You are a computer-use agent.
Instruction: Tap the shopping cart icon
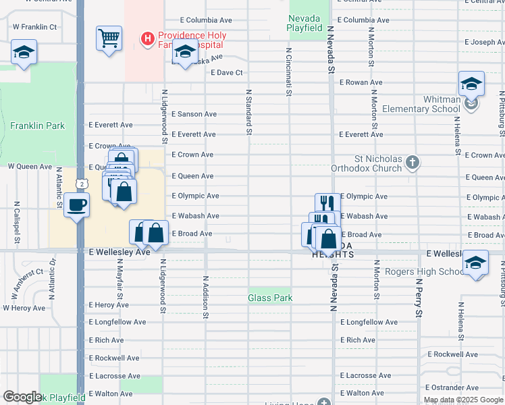(109, 38)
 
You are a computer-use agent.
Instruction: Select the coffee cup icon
(77, 205)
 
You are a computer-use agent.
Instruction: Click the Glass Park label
(269, 298)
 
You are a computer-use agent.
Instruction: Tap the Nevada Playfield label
(306, 23)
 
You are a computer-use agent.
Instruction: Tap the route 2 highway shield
(81, 184)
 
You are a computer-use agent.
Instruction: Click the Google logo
(23, 397)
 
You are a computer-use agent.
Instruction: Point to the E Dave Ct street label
(226, 72)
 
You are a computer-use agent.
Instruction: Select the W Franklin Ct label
(34, 27)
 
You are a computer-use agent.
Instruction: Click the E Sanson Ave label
(194, 115)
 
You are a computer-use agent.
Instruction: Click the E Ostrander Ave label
(452, 387)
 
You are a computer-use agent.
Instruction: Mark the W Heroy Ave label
(24, 308)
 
